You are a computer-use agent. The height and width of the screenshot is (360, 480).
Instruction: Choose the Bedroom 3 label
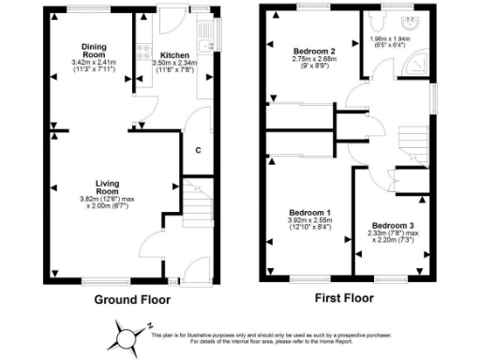click(x=391, y=225)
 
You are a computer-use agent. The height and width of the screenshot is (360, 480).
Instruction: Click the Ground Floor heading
click(x=132, y=300)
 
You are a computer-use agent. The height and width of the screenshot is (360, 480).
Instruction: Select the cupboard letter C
click(x=197, y=150)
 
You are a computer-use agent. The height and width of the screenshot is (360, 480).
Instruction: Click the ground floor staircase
click(x=195, y=202)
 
